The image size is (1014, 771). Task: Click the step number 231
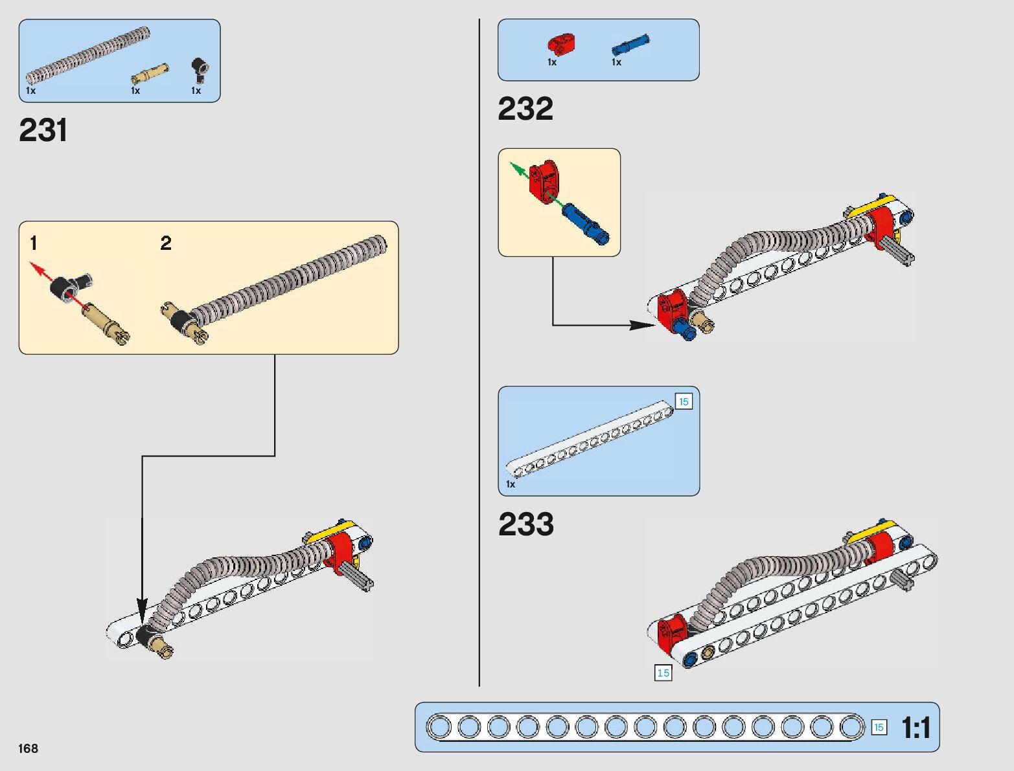(43, 130)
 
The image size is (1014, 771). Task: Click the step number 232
(525, 109)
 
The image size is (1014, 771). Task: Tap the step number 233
(526, 524)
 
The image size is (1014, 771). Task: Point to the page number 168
(29, 748)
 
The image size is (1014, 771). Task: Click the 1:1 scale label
(916, 728)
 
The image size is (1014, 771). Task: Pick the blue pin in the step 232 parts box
(630, 45)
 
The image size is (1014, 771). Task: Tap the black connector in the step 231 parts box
(200, 68)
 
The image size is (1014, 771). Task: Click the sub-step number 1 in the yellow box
(34, 243)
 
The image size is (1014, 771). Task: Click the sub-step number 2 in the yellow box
(166, 243)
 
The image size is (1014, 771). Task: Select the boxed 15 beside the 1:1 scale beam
(879, 728)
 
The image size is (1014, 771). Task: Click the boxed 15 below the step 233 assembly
(663, 673)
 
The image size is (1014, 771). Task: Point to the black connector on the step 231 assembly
(145, 636)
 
